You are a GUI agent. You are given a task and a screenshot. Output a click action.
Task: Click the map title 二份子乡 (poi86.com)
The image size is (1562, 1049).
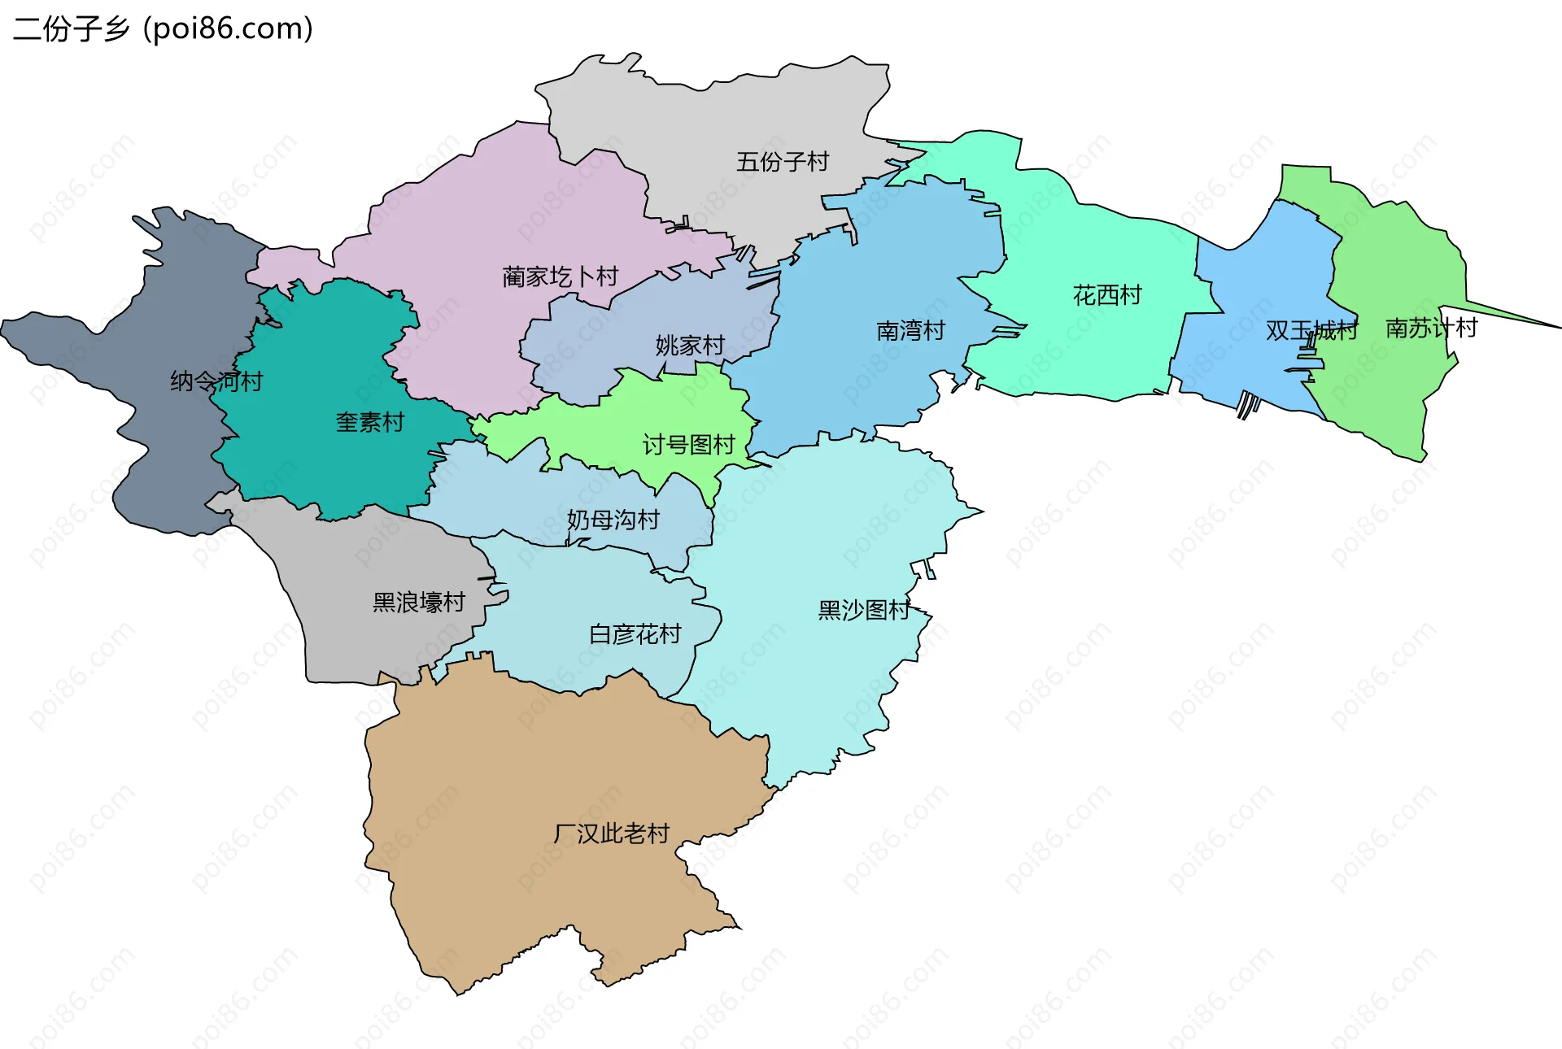coord(163,29)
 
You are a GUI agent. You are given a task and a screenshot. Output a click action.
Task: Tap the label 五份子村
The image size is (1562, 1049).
coord(782,162)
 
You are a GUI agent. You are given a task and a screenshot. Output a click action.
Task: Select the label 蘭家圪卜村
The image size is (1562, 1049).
coord(560,277)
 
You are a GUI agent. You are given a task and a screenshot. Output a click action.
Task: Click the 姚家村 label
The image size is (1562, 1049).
coord(690,346)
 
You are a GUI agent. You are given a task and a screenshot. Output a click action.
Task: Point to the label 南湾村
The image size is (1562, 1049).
coord(910,331)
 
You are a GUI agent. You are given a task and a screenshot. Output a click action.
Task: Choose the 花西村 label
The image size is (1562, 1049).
coord(1107,295)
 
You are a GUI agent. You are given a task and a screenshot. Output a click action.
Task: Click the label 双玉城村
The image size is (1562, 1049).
coord(1311,331)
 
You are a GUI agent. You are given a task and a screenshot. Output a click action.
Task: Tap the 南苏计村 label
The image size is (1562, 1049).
coord(1431,329)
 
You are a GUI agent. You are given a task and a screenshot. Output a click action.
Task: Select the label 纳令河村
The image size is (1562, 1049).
coord(216,381)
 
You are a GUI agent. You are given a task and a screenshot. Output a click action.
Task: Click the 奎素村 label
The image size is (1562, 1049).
coord(370,423)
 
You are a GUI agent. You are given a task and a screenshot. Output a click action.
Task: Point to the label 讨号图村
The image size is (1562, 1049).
coord(688,445)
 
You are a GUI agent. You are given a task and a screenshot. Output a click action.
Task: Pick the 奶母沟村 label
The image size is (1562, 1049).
coord(613,520)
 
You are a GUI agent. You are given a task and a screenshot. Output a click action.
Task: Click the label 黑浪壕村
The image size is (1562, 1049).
coord(418,603)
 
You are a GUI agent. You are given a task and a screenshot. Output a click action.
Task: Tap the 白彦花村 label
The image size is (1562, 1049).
coord(635,634)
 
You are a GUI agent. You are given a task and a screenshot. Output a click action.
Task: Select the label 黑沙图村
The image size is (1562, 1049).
coord(863,610)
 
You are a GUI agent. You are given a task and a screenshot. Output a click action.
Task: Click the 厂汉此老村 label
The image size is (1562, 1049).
coord(611,834)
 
